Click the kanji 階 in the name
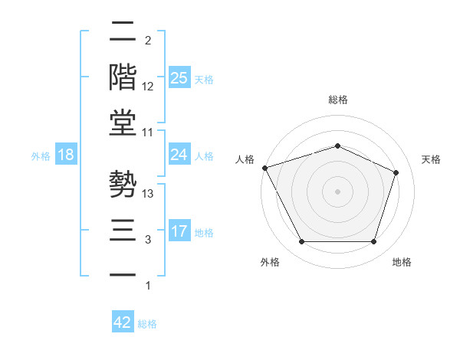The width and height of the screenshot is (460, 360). tap(123, 78)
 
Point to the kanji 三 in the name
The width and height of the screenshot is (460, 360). tap(123, 231)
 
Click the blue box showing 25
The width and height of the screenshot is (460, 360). tap(179, 78)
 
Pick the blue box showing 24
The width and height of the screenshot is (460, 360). tap(179, 155)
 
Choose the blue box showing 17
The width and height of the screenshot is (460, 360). tap(179, 231)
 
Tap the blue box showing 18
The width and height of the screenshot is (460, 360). tap(66, 155)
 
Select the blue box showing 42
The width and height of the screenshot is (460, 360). tap(123, 322)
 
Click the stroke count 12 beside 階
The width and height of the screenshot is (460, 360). tap(148, 87)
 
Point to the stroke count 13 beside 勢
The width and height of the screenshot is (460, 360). tap(148, 194)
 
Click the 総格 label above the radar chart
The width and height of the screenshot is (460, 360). tap(337, 100)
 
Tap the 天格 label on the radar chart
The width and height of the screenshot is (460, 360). tap(431, 159)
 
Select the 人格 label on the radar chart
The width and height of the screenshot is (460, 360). tap(245, 159)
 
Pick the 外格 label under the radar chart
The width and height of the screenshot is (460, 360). tap(270, 262)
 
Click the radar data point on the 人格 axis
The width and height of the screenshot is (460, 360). tap(264, 168)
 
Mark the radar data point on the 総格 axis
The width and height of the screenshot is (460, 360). tap(337, 146)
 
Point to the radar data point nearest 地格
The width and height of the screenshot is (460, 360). tap(373, 242)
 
